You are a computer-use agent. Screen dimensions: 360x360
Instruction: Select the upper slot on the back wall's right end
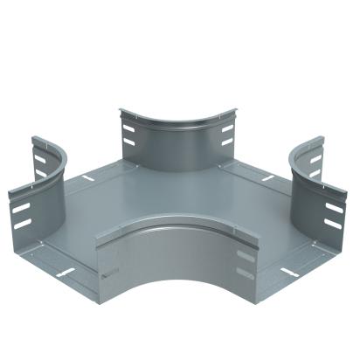[227, 128]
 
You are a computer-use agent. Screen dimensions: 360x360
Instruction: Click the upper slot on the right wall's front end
[333, 210]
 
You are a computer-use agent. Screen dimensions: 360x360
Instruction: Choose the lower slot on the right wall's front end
[333, 225]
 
